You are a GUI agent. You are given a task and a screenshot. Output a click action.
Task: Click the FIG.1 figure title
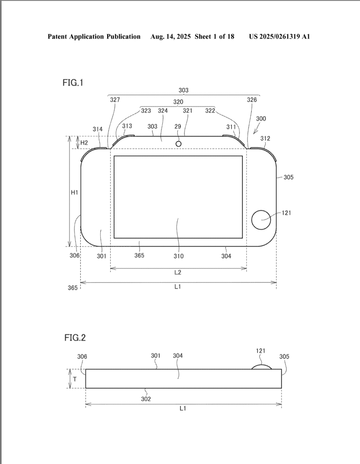click(73, 82)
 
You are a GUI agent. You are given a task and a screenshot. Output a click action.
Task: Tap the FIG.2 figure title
click(75, 338)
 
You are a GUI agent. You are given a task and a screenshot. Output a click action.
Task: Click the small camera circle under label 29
click(178, 144)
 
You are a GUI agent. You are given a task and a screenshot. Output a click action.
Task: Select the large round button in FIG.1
click(261, 220)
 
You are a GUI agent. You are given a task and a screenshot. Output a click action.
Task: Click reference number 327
click(115, 100)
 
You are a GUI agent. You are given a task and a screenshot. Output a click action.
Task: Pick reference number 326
click(252, 100)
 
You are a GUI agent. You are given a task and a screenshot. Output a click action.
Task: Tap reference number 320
click(178, 102)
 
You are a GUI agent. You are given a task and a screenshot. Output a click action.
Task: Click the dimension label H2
click(84, 143)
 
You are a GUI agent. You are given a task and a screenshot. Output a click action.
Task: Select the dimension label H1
click(74, 192)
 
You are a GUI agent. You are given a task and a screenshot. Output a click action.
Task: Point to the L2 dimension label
click(178, 272)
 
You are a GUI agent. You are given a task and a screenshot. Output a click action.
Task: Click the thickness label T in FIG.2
click(75, 379)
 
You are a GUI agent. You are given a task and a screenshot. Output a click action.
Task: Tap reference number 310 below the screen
click(179, 256)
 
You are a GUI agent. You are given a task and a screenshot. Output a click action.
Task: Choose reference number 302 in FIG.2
click(146, 399)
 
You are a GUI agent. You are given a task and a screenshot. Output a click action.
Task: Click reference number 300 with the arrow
click(261, 119)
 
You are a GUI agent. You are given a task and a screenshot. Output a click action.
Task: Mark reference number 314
click(97, 129)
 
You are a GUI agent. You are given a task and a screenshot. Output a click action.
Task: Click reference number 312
click(265, 139)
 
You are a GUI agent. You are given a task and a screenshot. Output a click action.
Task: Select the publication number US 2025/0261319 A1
click(279, 37)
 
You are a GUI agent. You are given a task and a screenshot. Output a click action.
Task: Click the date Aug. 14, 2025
click(170, 37)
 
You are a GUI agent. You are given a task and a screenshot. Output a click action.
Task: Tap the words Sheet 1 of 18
click(214, 37)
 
